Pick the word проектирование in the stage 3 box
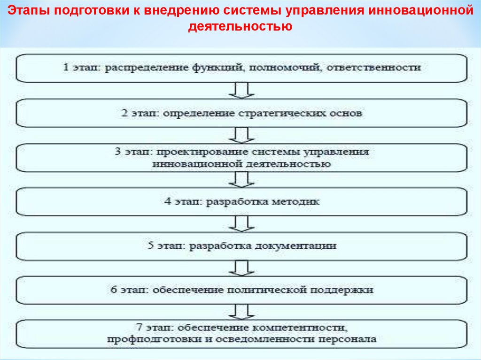pyautogui.click(x=202, y=153)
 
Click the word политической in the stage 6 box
pyautogui.click(x=265, y=290)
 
